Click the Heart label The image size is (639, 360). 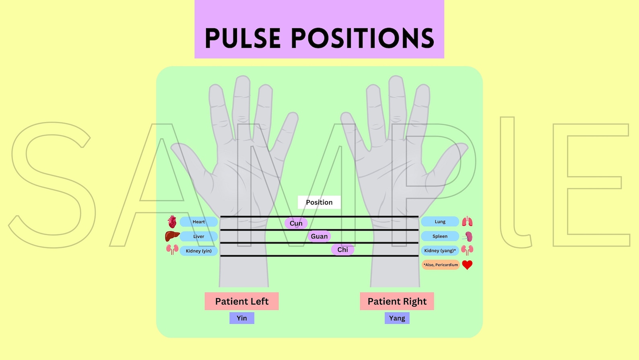pos(198,222)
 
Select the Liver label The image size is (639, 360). pos(198,236)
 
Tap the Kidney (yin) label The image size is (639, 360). pos(198,251)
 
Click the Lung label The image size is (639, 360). pos(440,221)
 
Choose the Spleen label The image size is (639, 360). pos(440,236)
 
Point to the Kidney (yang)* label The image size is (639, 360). pos(440,250)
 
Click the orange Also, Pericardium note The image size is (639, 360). pos(441,265)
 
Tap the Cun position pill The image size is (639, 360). pos(296,223)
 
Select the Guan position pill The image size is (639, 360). pos(319,236)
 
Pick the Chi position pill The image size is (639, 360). pos(342,250)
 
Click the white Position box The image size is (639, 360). pos(319,202)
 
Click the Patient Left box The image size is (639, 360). pos(241,301)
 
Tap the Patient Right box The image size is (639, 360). pos(397,301)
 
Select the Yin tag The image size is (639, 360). pos(241,318)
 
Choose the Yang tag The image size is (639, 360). pos(397,318)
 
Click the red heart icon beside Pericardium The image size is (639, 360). pos(467,265)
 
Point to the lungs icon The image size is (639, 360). pos(467,221)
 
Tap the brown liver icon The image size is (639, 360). pos(172,236)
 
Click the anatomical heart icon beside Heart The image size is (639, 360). pos(172,221)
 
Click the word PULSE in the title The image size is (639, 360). pos(242,39)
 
